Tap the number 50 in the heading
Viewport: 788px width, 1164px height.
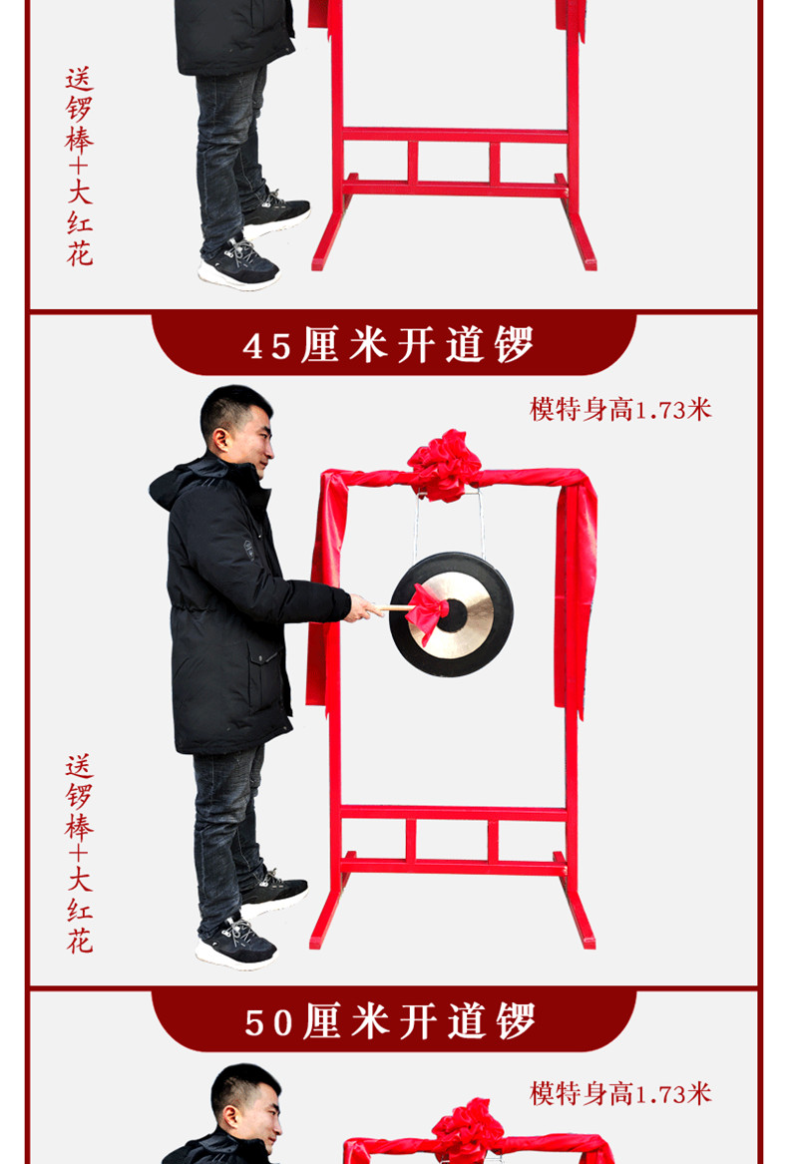click(x=269, y=1022)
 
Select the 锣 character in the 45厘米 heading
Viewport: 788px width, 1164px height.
click(x=514, y=345)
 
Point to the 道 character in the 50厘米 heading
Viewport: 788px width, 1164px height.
click(x=467, y=1021)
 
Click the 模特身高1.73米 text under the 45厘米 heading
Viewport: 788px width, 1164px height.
click(x=620, y=409)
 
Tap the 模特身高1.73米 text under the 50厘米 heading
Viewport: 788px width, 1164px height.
click(x=620, y=1093)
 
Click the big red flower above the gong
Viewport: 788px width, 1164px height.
click(x=444, y=466)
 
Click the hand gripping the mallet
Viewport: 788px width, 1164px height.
click(x=361, y=608)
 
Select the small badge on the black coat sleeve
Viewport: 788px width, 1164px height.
click(x=248, y=549)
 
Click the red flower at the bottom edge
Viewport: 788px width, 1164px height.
click(x=467, y=1128)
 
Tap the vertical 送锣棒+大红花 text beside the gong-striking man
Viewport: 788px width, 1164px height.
click(x=79, y=855)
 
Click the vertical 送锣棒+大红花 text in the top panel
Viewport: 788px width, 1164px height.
click(x=79, y=167)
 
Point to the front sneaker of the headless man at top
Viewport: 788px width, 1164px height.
click(x=238, y=265)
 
